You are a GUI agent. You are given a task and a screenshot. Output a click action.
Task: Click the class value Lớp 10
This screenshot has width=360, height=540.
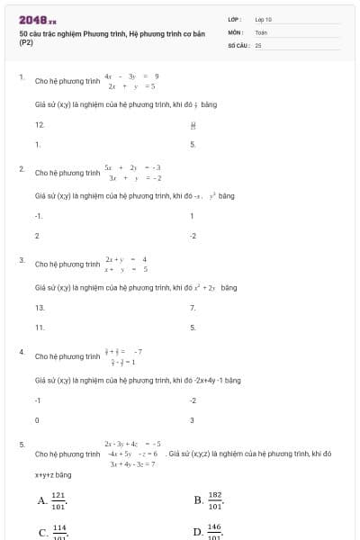pyautogui.click(x=263, y=19)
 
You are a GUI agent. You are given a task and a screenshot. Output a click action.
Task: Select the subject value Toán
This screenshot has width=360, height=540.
pyautogui.click(x=261, y=31)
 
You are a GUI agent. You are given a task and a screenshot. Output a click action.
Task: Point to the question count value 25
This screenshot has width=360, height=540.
pyautogui.click(x=258, y=44)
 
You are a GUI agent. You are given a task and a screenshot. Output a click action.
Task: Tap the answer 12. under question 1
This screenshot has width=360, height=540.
pyautogui.click(x=40, y=124)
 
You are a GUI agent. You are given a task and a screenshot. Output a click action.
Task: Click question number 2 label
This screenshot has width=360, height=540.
pyautogui.click(x=22, y=169)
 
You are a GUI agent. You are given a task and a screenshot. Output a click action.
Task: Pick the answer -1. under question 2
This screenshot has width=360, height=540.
pyautogui.click(x=39, y=216)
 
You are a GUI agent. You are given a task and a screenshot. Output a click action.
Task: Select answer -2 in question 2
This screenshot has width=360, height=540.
pyautogui.click(x=193, y=236)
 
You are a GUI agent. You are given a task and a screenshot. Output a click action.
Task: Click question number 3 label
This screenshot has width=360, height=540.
pyautogui.click(x=22, y=261)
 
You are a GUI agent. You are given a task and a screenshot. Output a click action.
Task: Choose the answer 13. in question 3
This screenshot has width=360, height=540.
pyautogui.click(x=40, y=308)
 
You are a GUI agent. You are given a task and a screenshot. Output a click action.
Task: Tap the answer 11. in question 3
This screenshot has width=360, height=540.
pyautogui.click(x=40, y=328)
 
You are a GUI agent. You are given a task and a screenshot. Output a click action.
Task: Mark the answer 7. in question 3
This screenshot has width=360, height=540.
pyautogui.click(x=193, y=308)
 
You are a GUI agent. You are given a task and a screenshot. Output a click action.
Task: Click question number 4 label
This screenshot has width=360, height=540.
pyautogui.click(x=22, y=352)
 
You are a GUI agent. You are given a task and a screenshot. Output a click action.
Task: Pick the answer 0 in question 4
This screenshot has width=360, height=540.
pyautogui.click(x=37, y=419)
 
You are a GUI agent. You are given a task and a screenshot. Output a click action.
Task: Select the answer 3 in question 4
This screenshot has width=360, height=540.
pyautogui.click(x=192, y=419)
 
